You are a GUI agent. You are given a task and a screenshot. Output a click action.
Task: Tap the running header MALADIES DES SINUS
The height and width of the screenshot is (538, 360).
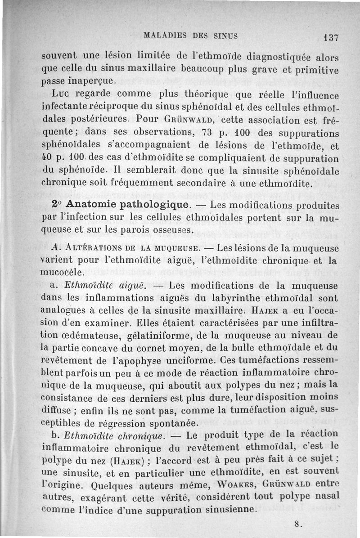click(189, 35)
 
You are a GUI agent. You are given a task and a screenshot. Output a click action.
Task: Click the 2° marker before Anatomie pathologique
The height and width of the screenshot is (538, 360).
click(57, 204)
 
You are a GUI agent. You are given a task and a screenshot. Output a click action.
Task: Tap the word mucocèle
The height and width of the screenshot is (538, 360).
click(62, 273)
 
